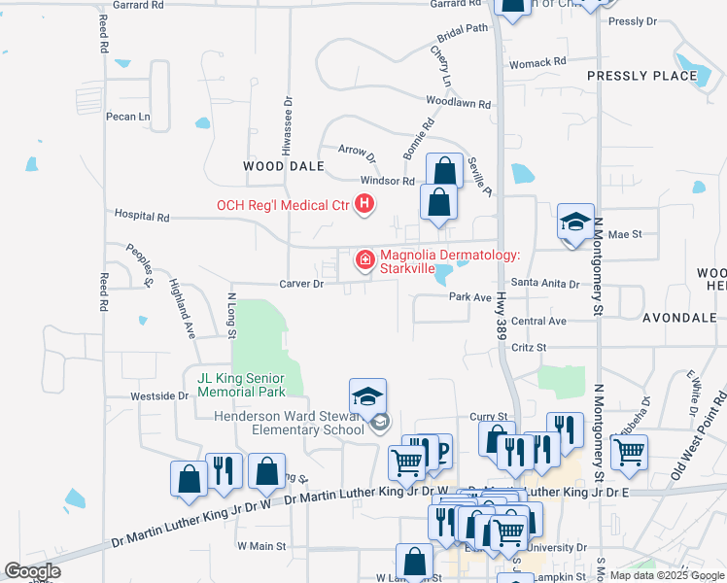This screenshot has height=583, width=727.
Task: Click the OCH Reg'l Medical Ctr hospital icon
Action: [364, 203]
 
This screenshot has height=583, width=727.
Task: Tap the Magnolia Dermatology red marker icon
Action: [365, 259]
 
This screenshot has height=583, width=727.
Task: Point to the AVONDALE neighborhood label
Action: [679, 317]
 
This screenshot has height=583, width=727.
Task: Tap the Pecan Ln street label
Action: [128, 117]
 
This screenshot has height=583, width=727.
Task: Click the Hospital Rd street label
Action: [142, 215]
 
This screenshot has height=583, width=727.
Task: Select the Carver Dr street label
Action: [302, 284]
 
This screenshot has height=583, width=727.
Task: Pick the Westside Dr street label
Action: [160, 396]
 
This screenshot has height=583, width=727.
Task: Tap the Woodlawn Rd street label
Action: [458, 102]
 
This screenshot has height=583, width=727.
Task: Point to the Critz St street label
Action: [530, 347]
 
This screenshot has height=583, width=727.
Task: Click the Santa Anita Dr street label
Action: [545, 285]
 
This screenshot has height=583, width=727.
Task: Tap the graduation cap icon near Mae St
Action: [575, 223]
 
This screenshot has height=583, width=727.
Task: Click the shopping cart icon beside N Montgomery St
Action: [630, 451]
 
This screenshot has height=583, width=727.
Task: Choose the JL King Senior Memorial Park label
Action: [241, 385]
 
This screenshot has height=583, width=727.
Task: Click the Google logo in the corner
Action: [33, 571]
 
